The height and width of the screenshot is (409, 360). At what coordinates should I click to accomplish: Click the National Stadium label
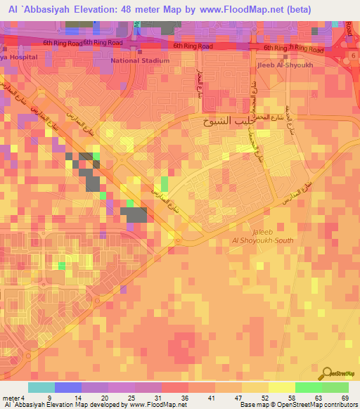pos(140,60)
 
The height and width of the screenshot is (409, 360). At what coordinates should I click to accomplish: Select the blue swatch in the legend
pos(68,387)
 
